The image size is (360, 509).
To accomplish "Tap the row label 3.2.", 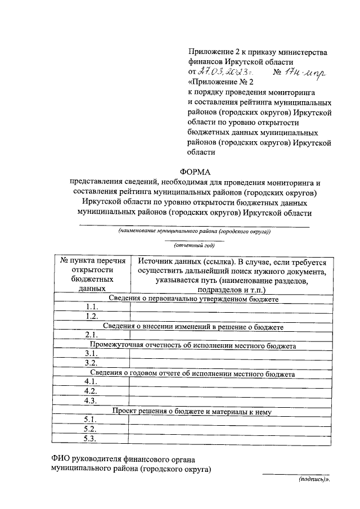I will click(x=91, y=363).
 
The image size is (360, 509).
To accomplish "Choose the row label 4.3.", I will click(x=91, y=401).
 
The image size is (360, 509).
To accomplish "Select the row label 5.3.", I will click(x=91, y=439).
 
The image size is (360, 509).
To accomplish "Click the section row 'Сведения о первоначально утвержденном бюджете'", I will click(x=193, y=298).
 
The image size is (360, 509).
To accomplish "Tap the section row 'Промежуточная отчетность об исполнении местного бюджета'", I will click(x=193, y=345).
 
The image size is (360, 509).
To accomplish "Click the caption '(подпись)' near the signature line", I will click(x=313, y=481).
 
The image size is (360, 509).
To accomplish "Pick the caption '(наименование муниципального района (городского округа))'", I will click(x=194, y=231).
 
